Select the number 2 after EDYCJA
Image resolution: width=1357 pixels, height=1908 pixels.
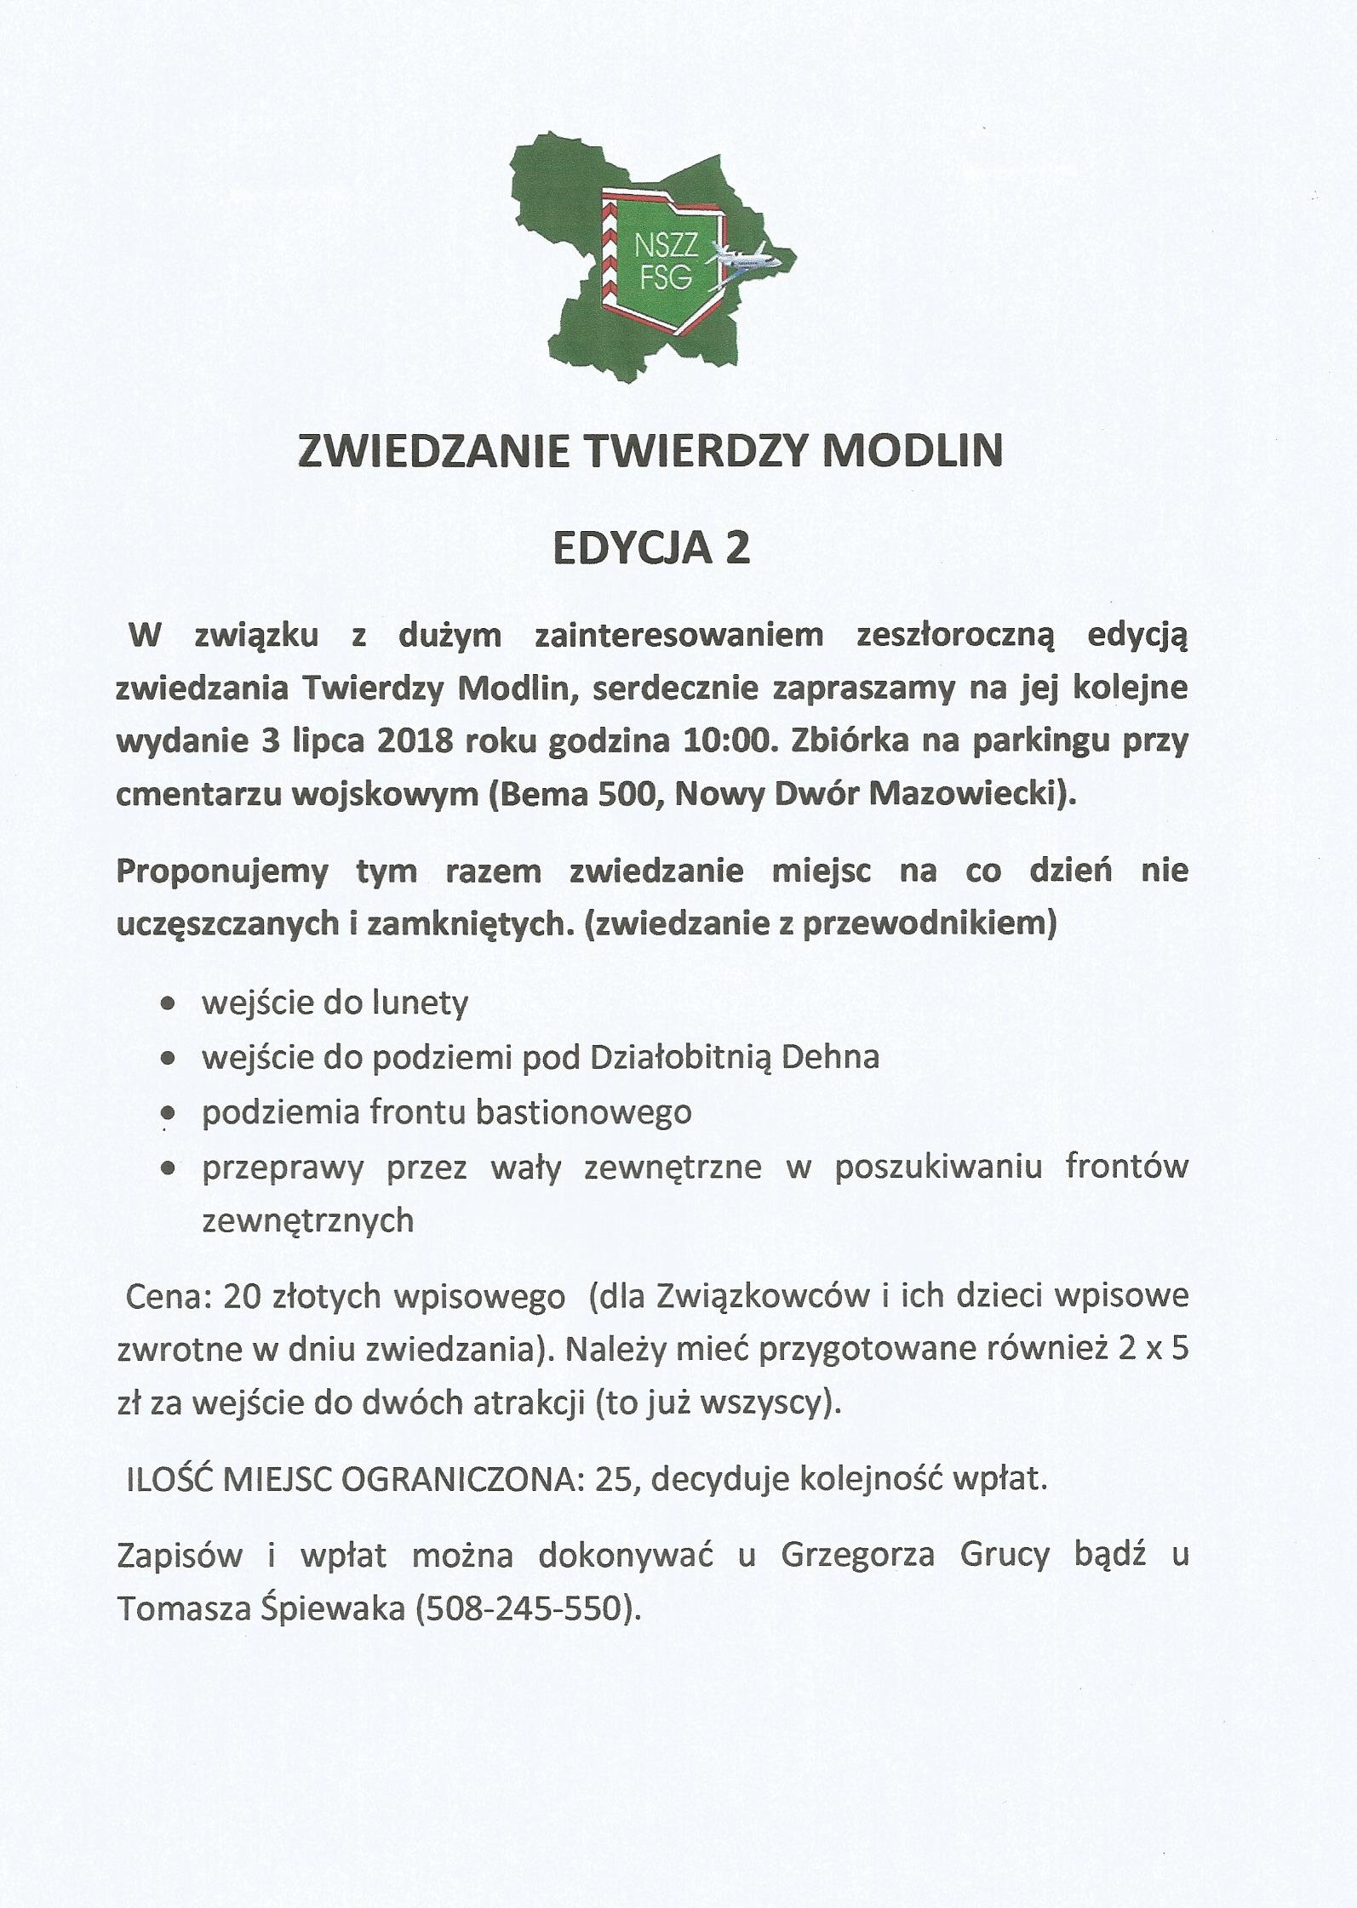(737, 549)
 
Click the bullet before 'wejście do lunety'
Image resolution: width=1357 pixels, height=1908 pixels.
(169, 1004)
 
